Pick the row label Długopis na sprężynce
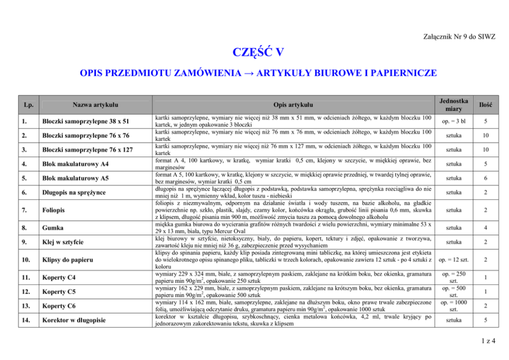[x=74, y=192]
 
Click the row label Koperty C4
[x=59, y=278]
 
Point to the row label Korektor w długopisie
[x=74, y=320]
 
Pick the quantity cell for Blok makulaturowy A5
[x=486, y=178]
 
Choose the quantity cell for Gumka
[x=486, y=228]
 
